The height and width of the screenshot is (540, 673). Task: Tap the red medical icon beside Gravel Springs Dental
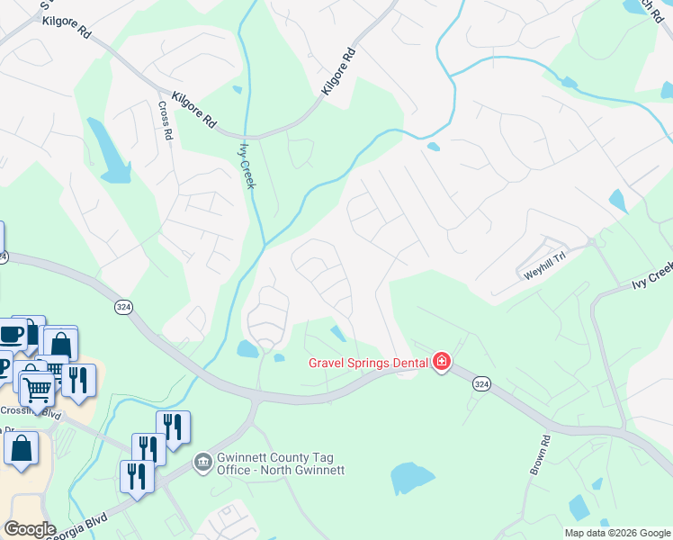[441, 363]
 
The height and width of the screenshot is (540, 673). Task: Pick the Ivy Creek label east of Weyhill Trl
[651, 276]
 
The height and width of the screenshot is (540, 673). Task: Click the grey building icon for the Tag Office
[203, 463]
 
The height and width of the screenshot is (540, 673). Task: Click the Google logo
[29, 529]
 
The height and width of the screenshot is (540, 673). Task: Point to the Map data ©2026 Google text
[616, 533]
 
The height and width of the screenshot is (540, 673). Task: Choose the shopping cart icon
[37, 389]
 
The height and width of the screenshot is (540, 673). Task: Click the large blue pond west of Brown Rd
[413, 478]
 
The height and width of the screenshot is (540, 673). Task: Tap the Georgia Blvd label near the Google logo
[81, 526]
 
